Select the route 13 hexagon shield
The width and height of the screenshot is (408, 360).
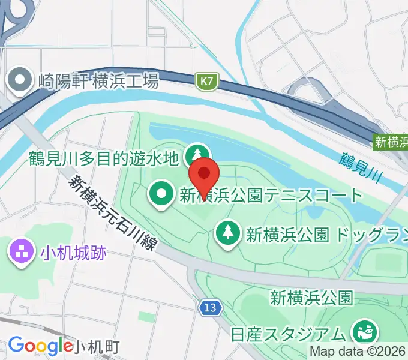pos(209,308)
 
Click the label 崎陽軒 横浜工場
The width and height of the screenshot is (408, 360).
pos(98,80)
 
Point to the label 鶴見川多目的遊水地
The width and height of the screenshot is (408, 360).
pos(104,158)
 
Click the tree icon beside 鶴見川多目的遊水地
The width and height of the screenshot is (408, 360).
pos(196,155)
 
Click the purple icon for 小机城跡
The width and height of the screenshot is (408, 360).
pos(21,252)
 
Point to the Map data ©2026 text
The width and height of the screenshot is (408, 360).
pos(357,352)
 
